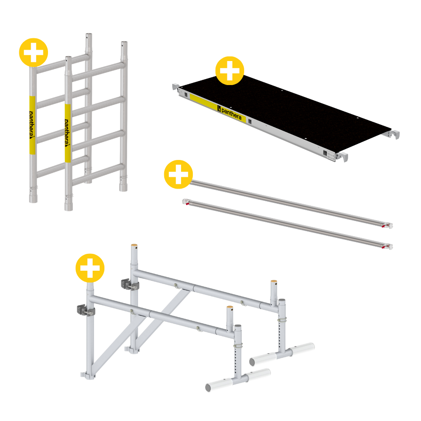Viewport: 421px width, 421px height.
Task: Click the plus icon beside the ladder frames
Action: (x=34, y=52)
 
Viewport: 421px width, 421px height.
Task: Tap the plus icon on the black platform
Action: (x=229, y=71)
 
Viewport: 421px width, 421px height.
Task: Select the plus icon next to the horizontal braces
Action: (x=178, y=174)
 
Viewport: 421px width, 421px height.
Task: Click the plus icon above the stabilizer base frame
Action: (x=90, y=268)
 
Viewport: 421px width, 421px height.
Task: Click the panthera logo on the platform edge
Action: (x=229, y=113)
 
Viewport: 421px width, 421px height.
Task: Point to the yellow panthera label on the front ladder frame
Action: (x=68, y=133)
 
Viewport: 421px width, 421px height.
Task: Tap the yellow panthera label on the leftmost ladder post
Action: (x=32, y=125)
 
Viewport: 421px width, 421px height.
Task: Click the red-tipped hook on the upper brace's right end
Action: (x=388, y=225)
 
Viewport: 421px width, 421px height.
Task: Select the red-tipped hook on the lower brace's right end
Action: (x=388, y=246)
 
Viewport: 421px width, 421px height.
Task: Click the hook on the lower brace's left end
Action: (x=186, y=202)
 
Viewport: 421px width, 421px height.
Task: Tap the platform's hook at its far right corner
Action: (x=394, y=134)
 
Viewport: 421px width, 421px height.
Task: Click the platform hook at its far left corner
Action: (x=176, y=87)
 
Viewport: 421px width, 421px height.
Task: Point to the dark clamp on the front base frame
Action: (x=84, y=310)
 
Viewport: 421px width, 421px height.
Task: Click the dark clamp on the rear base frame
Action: (x=128, y=284)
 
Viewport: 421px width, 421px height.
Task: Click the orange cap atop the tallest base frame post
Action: (x=134, y=245)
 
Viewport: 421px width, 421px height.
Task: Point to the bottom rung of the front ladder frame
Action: (x=98, y=175)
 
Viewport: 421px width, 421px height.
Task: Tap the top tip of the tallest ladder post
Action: (x=89, y=34)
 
